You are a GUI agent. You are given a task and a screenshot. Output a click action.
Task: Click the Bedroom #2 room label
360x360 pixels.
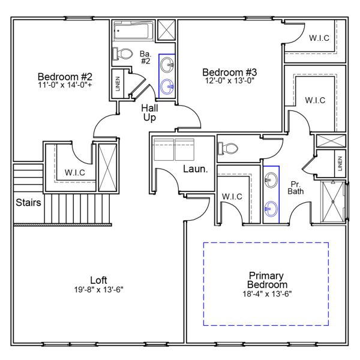65,77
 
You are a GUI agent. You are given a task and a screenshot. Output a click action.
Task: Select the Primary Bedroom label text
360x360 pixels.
268,280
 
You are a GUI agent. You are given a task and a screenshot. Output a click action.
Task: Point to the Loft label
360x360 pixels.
98,280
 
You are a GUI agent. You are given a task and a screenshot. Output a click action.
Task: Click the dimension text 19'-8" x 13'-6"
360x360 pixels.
98,289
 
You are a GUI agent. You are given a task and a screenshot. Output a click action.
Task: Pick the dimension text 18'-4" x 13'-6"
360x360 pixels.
268,293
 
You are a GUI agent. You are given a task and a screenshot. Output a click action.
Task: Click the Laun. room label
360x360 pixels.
196,170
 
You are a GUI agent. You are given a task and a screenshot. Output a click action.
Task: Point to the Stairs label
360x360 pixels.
29,203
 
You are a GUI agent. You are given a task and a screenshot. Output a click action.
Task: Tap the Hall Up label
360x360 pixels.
149,113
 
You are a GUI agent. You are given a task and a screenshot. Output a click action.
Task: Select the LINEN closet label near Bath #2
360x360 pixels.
118,84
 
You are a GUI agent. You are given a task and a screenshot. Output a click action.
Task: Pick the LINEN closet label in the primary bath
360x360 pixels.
340,163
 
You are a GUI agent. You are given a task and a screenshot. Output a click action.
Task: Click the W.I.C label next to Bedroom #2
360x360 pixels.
75,173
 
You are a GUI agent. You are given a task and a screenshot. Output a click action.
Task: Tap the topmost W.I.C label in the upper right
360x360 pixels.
319,38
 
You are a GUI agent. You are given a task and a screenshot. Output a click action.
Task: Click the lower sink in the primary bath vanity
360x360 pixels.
272,208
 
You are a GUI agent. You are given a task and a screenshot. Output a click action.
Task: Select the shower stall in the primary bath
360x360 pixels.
334,200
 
